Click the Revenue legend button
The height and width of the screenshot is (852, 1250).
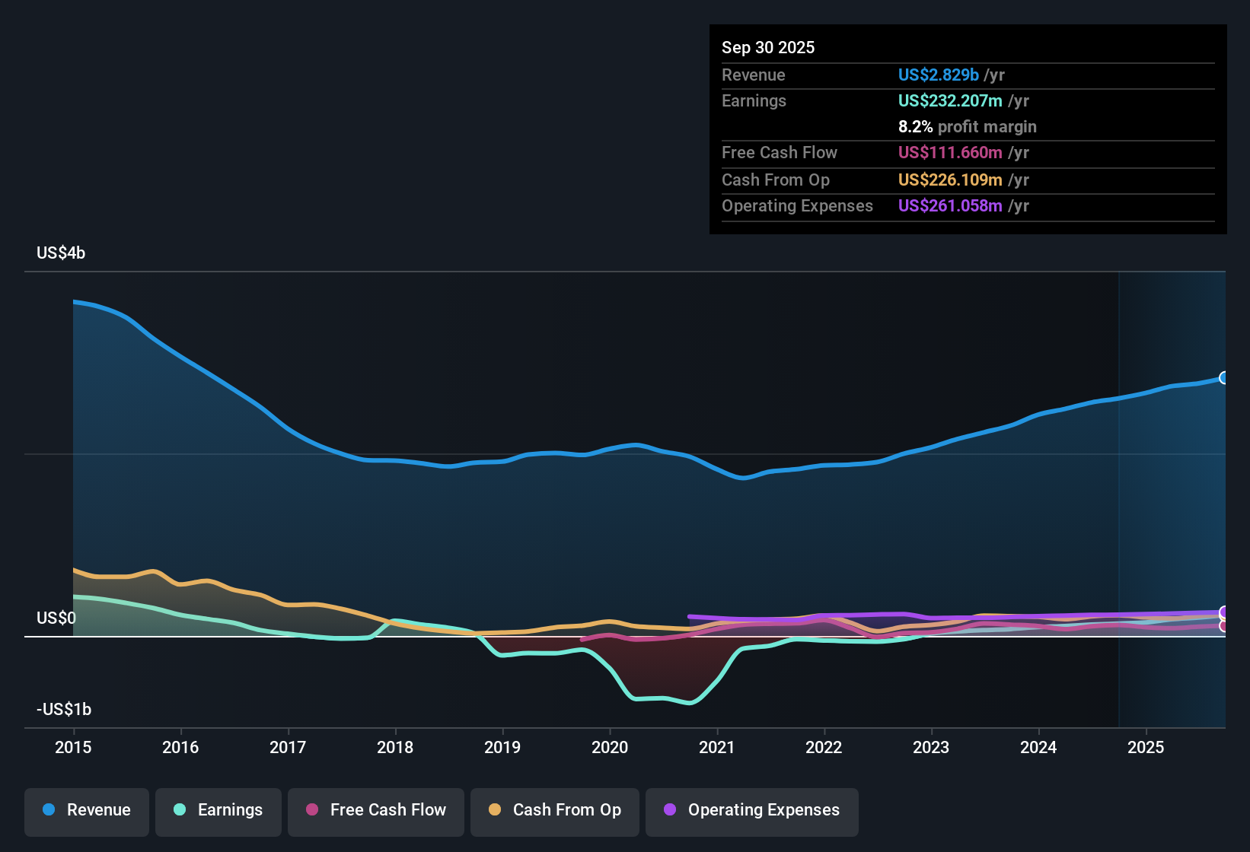point(87,810)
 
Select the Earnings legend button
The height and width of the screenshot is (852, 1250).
point(218,810)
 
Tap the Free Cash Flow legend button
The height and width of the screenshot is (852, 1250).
point(376,810)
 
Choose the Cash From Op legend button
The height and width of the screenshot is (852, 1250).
point(555,810)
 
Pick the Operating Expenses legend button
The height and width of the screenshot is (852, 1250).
point(752,810)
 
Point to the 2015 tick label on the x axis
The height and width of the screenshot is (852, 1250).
point(73,747)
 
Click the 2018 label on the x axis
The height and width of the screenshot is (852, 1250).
point(395,747)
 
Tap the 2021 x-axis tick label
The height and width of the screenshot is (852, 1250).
point(716,747)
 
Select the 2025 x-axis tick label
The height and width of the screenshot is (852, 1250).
point(1145,747)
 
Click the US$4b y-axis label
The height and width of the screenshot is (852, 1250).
point(61,253)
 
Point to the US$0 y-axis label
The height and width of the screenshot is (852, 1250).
point(56,618)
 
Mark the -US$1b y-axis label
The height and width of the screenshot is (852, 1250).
point(64,709)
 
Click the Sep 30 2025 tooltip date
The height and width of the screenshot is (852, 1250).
point(768,47)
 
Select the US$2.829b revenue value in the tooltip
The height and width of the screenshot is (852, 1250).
point(938,75)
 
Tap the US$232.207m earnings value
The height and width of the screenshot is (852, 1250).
point(949,100)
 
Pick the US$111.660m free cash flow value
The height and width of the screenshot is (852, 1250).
point(949,152)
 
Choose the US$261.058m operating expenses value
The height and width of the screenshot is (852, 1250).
point(949,205)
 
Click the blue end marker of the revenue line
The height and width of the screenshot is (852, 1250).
point(1224,378)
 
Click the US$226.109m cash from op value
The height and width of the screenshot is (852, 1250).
point(949,180)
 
